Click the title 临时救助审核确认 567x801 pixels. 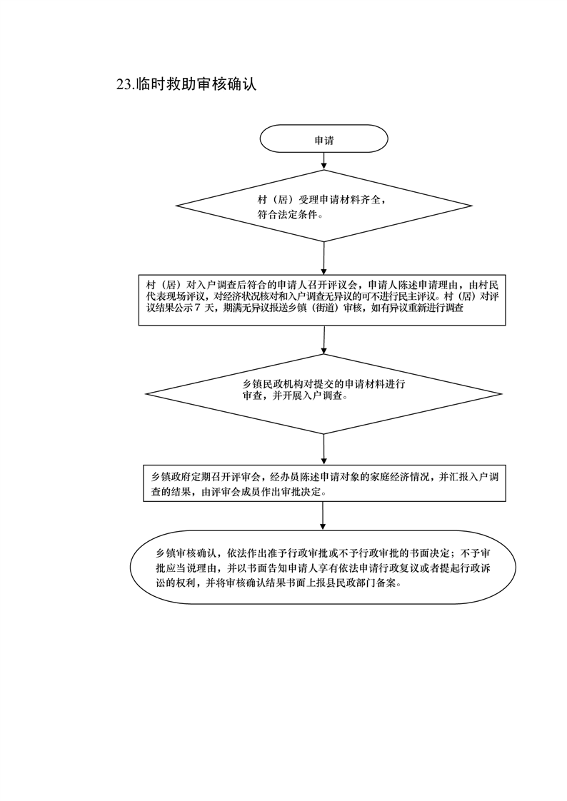(x=196, y=84)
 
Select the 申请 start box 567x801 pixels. (x=324, y=138)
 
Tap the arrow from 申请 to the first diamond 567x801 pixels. (x=324, y=161)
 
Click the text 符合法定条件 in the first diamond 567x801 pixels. (x=287, y=215)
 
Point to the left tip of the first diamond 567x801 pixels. (x=176, y=206)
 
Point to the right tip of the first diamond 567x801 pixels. (x=471, y=206)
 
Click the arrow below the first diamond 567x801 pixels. (x=324, y=258)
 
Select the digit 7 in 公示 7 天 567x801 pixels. (x=199, y=308)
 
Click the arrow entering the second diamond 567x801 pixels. (x=324, y=340)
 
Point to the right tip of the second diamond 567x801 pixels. (x=501, y=394)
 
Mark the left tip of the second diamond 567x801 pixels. (x=146, y=394)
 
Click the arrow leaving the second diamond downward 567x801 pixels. (x=324, y=449)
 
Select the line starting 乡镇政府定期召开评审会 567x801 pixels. (x=322, y=478)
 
